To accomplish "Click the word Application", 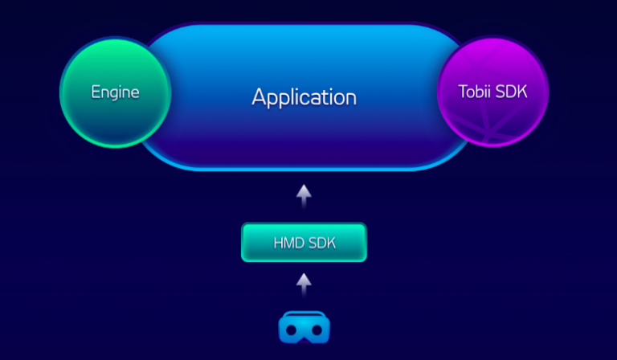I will tap(304, 97).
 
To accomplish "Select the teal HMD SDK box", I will tap(304, 243).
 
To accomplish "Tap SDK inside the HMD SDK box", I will tap(325, 243).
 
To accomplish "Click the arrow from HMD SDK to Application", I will tap(303, 195).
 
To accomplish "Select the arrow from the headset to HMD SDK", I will tap(303, 284).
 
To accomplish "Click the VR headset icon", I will tap(304, 328).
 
